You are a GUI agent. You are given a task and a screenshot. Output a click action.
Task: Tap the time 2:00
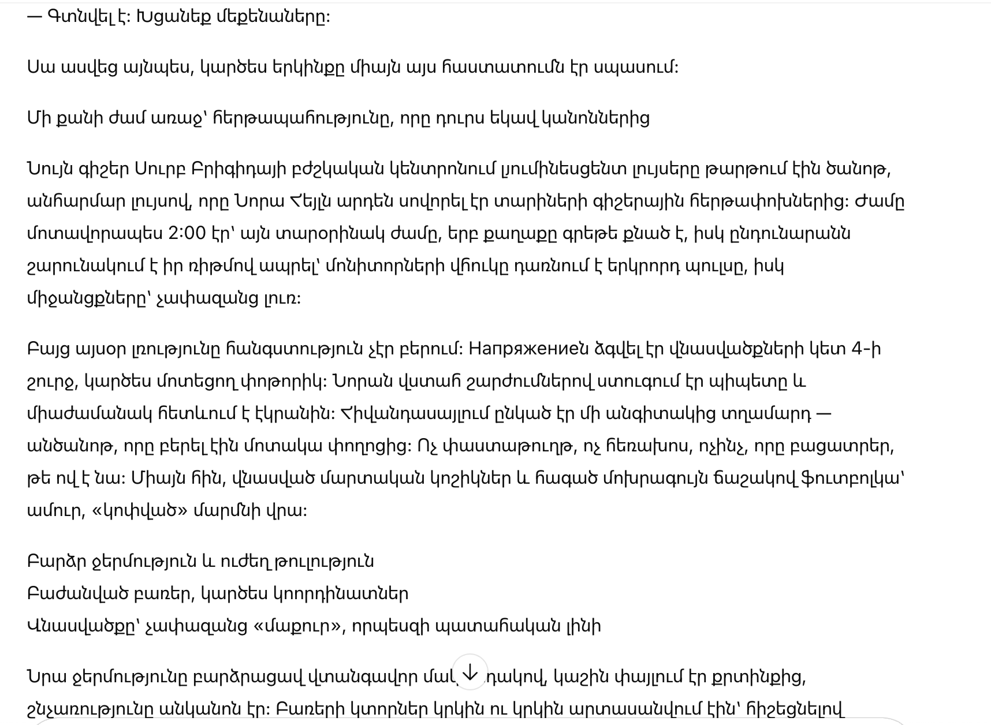(x=187, y=234)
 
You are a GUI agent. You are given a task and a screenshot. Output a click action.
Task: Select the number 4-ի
(x=866, y=349)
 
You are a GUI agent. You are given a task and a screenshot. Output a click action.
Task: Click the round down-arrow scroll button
(x=470, y=672)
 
